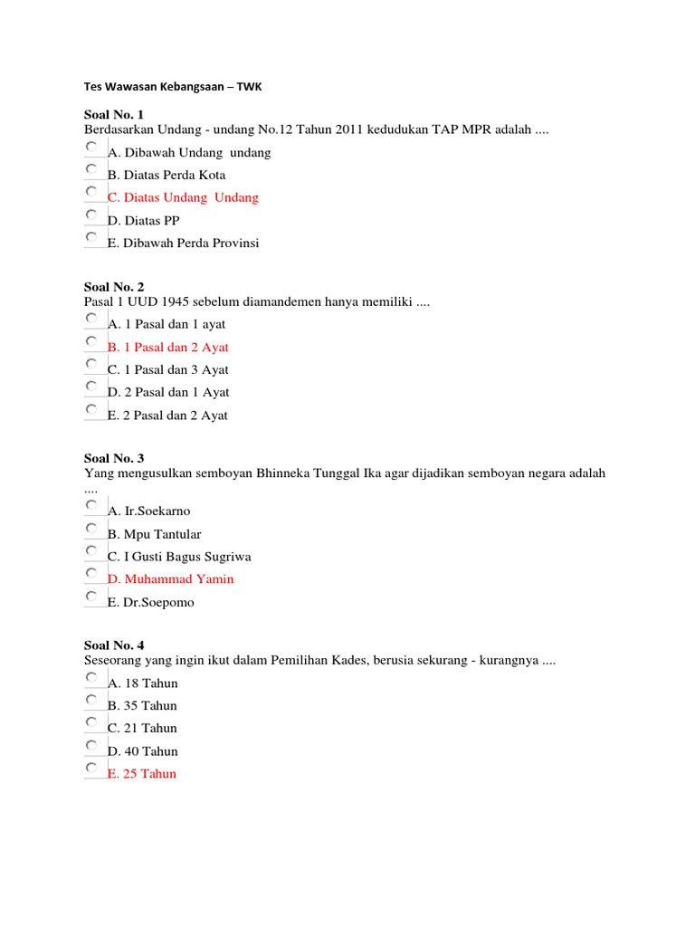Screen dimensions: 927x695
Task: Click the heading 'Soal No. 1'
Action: pyautogui.click(x=114, y=114)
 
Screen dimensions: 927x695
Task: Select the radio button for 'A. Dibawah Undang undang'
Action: pyautogui.click(x=92, y=147)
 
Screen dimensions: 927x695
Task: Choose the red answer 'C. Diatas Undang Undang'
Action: pyautogui.click(x=183, y=197)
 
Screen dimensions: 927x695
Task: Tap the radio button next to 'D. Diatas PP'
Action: pyautogui.click(x=92, y=215)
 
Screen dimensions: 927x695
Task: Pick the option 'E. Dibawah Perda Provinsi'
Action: pyautogui.click(x=183, y=243)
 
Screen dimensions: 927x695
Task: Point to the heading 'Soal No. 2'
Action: pyautogui.click(x=114, y=286)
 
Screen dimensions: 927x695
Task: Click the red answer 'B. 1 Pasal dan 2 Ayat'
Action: pyautogui.click(x=167, y=347)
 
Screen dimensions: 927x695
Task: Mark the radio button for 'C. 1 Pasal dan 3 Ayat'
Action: pyautogui.click(x=92, y=364)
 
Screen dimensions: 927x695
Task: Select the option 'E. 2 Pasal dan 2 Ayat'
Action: pyautogui.click(x=167, y=416)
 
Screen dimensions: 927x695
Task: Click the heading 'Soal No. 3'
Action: pyautogui.click(x=114, y=458)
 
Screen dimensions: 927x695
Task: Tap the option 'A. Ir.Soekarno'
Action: pyautogui.click(x=148, y=511)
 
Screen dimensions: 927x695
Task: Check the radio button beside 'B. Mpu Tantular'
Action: pyautogui.click(x=92, y=528)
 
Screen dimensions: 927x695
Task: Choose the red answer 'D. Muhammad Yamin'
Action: pyautogui.click(x=170, y=578)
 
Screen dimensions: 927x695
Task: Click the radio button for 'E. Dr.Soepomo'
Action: pyautogui.click(x=92, y=597)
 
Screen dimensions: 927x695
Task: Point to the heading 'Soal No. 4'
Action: pyautogui.click(x=114, y=645)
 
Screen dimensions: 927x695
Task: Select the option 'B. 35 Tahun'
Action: pyautogui.click(x=142, y=705)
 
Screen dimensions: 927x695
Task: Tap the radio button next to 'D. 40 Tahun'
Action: pyautogui.click(x=92, y=745)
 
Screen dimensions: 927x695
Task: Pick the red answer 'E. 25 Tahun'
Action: pyautogui.click(x=142, y=773)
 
